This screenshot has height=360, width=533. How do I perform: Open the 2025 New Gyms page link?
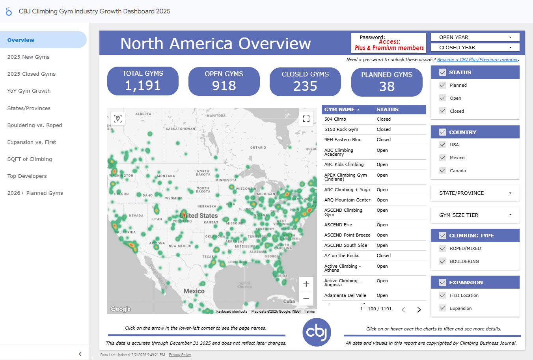click(x=28, y=57)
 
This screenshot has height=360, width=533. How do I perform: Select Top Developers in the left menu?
click(x=27, y=176)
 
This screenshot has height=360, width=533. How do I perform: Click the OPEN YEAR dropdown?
click(x=475, y=37)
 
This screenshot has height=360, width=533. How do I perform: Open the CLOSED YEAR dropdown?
click(x=475, y=48)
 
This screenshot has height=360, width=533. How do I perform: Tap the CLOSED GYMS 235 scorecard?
click(x=305, y=82)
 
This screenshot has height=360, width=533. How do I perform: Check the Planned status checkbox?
click(x=443, y=85)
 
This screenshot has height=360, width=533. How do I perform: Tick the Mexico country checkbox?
click(x=443, y=158)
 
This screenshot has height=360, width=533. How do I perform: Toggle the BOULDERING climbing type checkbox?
click(x=443, y=261)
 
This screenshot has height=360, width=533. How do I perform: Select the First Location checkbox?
click(x=443, y=295)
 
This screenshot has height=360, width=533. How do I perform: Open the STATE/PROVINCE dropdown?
click(x=475, y=193)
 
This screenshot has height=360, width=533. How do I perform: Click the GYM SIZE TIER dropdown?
click(x=475, y=215)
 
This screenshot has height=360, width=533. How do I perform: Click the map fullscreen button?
click(x=306, y=119)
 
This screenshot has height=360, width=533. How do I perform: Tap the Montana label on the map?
click(x=166, y=176)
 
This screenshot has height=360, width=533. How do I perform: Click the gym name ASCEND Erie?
click(x=338, y=225)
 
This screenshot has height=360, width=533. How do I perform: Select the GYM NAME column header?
click(x=339, y=110)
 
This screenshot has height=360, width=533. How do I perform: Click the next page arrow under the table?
click(x=419, y=310)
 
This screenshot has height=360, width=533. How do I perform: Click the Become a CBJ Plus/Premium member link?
click(x=477, y=60)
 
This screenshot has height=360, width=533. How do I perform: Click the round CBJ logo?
click(x=317, y=332)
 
